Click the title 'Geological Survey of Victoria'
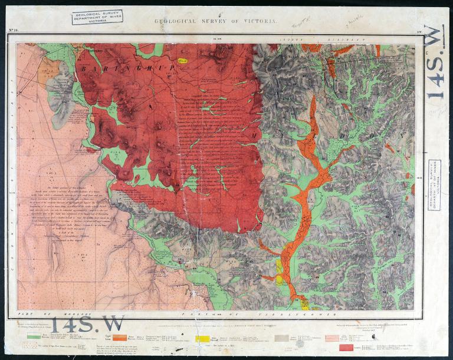(x=215, y=21)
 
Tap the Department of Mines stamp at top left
(x=97, y=16)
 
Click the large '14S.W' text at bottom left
(x=87, y=323)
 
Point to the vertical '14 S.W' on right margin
(x=435, y=62)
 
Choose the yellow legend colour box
(x=202, y=338)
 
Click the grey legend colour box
(x=281, y=338)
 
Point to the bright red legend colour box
(x=346, y=347)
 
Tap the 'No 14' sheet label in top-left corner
(x=14, y=30)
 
